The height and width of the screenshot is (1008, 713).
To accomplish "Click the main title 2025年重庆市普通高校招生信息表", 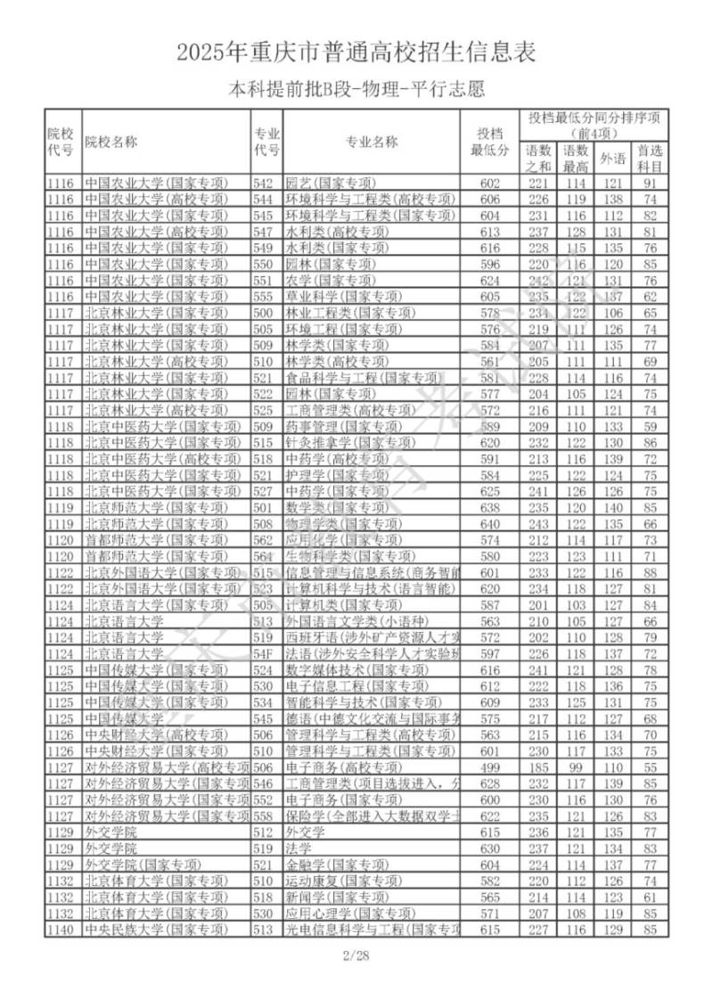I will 356,53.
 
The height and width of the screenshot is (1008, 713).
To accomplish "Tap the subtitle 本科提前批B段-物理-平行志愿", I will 356,89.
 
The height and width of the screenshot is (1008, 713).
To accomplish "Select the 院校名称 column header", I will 111,142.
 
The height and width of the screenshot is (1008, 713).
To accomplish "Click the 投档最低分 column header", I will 490,142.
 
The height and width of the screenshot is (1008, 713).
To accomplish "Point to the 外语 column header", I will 612,158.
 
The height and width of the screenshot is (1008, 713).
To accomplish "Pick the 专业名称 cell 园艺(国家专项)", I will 331,184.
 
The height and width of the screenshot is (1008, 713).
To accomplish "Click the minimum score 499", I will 490,767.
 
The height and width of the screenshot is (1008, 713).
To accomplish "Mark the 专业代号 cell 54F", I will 264,653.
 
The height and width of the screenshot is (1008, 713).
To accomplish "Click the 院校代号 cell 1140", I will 61,930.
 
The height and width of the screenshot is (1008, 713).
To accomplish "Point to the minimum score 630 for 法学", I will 490,848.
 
